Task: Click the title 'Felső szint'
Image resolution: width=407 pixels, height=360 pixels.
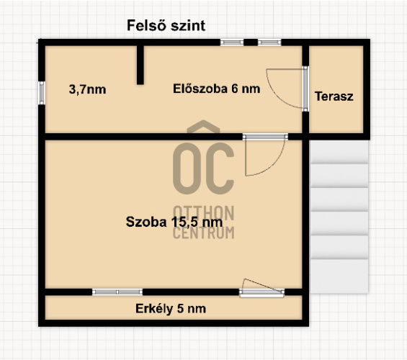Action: click(x=166, y=26)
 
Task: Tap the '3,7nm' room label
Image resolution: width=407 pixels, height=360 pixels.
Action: click(x=87, y=90)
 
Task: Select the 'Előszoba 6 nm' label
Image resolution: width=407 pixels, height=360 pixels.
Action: click(x=217, y=89)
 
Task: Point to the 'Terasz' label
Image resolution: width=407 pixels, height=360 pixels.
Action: click(x=334, y=96)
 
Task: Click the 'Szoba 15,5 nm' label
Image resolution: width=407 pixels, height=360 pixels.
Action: click(x=174, y=222)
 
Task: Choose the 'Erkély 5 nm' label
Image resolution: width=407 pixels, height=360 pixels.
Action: click(x=171, y=309)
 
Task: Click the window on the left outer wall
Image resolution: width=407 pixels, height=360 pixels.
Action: click(x=42, y=93)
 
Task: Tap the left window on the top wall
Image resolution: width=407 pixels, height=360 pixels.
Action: click(x=232, y=42)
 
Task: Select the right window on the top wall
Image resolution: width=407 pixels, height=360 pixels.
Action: click(x=269, y=42)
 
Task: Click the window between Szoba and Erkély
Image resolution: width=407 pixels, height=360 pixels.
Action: click(x=117, y=292)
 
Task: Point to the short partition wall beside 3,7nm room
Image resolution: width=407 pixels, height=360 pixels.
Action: click(x=140, y=65)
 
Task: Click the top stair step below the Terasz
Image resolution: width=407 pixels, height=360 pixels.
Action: click(x=339, y=152)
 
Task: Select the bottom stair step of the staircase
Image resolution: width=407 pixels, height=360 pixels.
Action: click(x=339, y=276)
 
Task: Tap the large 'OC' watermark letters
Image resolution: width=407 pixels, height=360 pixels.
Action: click(x=203, y=168)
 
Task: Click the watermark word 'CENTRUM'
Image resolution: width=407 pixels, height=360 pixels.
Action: click(x=203, y=233)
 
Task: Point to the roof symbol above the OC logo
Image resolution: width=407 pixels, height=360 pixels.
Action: click(x=203, y=126)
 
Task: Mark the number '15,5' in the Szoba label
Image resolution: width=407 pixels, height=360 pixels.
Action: click(x=184, y=222)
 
